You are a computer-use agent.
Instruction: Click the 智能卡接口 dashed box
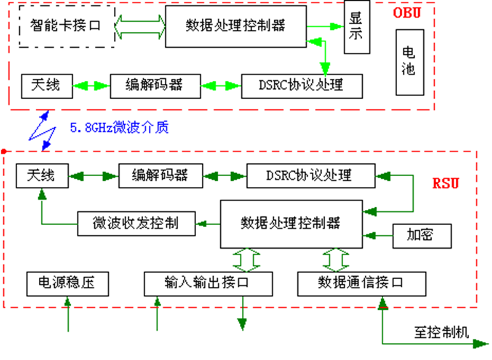(66, 26)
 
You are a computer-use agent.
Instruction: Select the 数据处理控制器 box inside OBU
(235, 26)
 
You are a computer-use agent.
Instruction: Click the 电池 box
(409, 61)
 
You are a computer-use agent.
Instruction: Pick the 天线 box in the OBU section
(45, 85)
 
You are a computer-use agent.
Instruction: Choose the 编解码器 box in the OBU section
(155, 85)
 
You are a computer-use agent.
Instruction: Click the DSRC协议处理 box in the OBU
(302, 85)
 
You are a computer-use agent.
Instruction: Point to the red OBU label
(407, 13)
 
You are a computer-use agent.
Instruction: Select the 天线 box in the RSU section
(40, 175)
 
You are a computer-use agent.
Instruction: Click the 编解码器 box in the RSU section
(160, 175)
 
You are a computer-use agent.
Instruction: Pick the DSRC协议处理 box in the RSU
(310, 175)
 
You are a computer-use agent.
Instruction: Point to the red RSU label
(445, 184)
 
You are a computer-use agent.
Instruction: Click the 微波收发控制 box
(135, 223)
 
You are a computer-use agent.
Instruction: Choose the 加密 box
(421, 235)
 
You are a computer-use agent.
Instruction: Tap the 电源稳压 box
(66, 283)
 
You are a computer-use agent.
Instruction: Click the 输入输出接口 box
(207, 283)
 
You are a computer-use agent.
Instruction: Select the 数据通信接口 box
(361, 283)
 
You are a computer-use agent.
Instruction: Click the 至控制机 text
(442, 331)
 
